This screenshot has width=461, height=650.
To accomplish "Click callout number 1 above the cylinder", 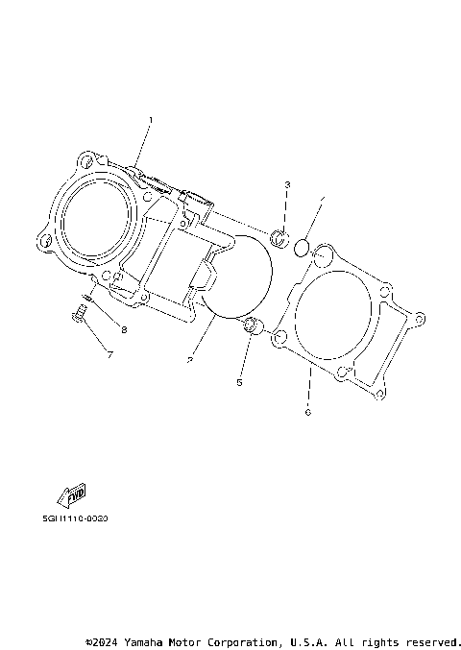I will (150, 120).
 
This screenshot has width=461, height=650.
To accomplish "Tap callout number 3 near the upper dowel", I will (286, 183).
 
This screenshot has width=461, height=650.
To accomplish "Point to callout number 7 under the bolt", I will (109, 355).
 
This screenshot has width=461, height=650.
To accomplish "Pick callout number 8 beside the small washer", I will (123, 329).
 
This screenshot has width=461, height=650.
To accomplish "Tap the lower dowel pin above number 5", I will (252, 326).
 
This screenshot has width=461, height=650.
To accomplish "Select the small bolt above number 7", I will (78, 312).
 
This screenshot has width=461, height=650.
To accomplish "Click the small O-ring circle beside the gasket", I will (300, 248).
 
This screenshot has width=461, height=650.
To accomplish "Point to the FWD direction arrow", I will (73, 495).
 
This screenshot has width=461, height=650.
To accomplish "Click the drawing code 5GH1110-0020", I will (75, 518).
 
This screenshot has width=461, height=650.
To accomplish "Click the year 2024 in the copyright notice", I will (109, 640).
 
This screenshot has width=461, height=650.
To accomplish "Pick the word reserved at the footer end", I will (433, 640).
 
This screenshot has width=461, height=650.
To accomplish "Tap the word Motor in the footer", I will (195, 640).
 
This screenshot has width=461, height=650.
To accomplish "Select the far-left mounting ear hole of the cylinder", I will (41, 241).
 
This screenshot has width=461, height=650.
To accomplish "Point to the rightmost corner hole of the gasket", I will (419, 316).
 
